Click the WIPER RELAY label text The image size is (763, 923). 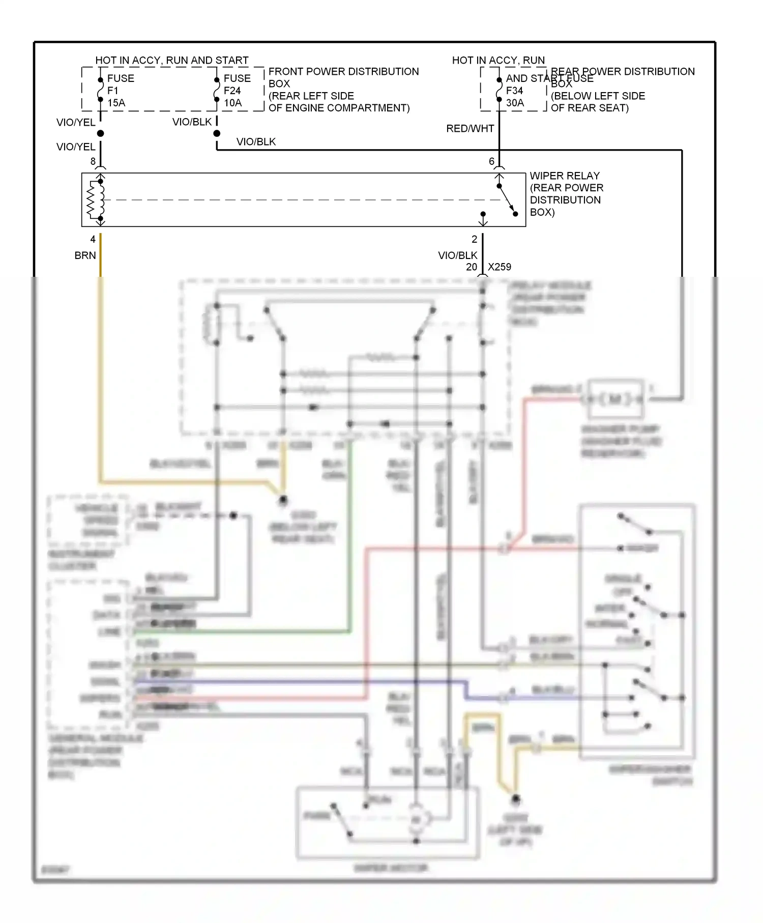click(564, 176)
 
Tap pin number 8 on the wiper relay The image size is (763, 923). click(93, 161)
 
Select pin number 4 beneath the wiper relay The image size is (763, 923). click(93, 239)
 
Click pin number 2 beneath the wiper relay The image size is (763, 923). click(474, 239)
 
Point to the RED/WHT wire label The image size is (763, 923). click(469, 129)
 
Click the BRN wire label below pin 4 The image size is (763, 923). click(85, 255)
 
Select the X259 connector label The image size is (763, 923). click(499, 267)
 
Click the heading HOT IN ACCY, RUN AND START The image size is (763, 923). click(172, 61)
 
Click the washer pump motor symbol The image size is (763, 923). click(614, 398)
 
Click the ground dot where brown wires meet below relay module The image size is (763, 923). click(283, 500)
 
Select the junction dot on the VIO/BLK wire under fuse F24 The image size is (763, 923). click(217, 133)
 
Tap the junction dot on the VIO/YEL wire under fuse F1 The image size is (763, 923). click(100, 133)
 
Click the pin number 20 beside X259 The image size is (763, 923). click(471, 267)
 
